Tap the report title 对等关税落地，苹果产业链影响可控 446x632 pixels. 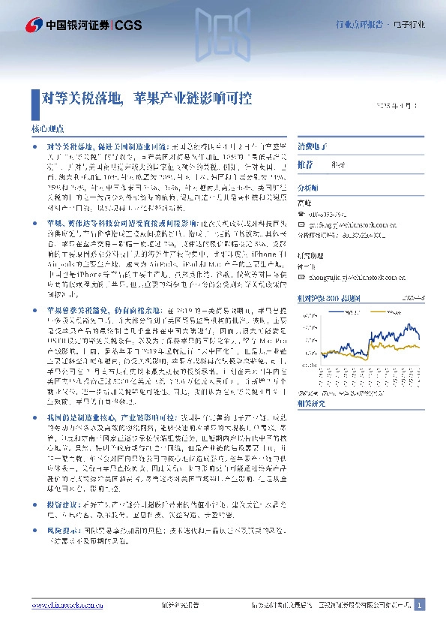tap(146, 98)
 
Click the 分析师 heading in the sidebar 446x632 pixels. tap(308, 188)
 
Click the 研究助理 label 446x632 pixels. tap(311, 255)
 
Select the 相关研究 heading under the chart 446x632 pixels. tap(311, 403)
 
